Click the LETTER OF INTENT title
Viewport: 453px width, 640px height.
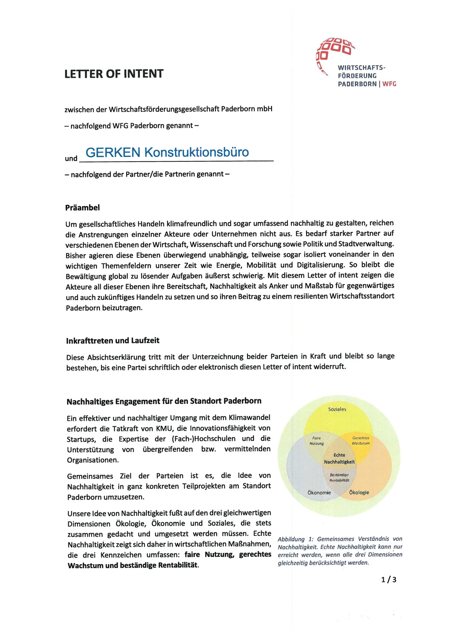[x=114, y=74]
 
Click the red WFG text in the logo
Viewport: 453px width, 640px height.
[x=389, y=84]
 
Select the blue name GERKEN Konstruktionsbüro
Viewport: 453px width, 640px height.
[x=167, y=152]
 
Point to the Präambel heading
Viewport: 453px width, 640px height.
[x=82, y=208]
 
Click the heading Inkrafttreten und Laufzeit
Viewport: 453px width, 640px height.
[x=113, y=340]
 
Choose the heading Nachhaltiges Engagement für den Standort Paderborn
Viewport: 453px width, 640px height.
[x=164, y=401]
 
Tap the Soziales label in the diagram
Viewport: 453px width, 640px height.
[x=337, y=409]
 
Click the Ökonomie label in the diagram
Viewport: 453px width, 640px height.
[x=319, y=492]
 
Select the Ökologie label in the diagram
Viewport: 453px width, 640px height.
[x=359, y=492]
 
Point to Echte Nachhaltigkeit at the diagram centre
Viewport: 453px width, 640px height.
[x=339, y=459]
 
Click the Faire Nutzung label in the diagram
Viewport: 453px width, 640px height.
[x=317, y=441]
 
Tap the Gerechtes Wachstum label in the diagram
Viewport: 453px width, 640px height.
[x=361, y=441]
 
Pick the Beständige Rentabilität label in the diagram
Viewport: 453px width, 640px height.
[x=339, y=477]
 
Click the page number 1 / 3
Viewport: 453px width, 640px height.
[x=389, y=579]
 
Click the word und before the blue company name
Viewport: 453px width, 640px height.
[x=71, y=159]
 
